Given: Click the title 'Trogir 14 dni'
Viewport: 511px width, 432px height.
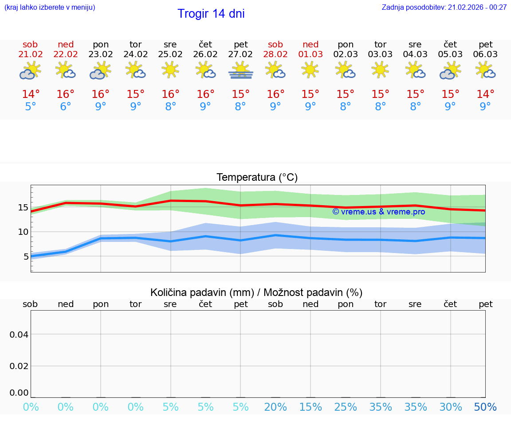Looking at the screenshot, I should (211, 14).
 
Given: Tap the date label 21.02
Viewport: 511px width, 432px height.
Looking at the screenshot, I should (31, 54).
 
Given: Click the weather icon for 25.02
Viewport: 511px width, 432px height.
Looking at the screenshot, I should (170, 70).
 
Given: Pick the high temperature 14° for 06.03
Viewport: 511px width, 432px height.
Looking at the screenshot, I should (485, 94).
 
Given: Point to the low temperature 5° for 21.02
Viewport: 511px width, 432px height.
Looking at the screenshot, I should (31, 107).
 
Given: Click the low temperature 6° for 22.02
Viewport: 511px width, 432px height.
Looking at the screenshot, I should (66, 107).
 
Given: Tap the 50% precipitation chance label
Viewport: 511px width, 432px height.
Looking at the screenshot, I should (485, 407).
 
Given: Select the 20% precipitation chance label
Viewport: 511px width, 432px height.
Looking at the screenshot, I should (275, 407).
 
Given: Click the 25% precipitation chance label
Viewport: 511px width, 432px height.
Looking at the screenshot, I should (346, 407).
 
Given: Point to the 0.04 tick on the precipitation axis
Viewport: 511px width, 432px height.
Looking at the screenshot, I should (19, 335).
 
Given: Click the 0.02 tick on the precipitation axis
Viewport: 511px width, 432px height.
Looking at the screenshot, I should (19, 366).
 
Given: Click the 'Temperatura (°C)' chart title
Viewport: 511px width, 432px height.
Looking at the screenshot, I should (257, 178).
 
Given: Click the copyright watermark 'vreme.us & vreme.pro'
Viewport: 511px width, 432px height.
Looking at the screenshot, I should (379, 212).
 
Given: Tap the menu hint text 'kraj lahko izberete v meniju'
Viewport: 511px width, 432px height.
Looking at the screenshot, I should (50, 7).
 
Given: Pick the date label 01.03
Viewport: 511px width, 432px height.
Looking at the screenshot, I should (311, 54).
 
